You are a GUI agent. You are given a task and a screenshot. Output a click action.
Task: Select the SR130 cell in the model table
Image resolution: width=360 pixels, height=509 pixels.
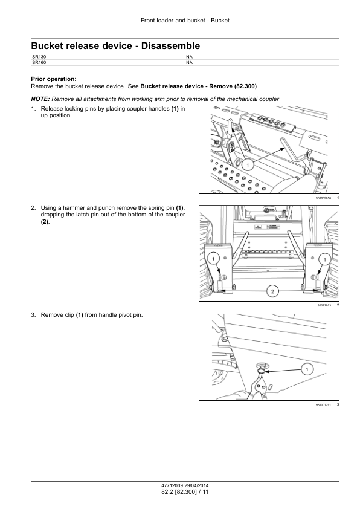point(108,57)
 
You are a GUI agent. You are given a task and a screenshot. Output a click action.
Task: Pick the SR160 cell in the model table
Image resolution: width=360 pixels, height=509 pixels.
point(108,63)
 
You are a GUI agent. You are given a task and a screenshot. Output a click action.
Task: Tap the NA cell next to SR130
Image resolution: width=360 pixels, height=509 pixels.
point(262,57)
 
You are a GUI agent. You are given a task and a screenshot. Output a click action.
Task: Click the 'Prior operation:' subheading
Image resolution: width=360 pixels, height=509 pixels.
point(54,79)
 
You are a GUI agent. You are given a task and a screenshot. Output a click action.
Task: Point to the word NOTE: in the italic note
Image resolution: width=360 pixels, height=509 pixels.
point(40,99)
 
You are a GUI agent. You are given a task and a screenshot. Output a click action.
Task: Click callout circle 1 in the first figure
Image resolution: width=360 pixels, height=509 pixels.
point(248,165)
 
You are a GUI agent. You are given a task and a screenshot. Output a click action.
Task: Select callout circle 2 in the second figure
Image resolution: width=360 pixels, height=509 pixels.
point(272,291)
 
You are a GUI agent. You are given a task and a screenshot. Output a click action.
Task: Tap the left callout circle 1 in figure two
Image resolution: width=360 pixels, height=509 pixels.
point(213,259)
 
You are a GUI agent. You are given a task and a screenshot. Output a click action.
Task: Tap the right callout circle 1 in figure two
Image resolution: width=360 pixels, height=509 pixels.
point(324,259)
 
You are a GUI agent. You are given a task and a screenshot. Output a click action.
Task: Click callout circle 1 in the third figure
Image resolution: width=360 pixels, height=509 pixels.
point(307,369)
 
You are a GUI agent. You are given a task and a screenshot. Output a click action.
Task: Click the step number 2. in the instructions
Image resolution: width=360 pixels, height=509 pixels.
point(33,208)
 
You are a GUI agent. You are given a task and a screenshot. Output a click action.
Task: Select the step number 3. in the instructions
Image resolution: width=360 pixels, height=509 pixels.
point(33,315)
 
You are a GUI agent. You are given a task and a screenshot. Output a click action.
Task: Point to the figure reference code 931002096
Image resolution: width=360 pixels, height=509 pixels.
point(323,198)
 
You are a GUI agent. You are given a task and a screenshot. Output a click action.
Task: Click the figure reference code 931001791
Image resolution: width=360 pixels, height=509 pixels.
point(323,405)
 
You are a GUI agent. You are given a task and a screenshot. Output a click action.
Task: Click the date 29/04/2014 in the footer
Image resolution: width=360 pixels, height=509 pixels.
point(196,486)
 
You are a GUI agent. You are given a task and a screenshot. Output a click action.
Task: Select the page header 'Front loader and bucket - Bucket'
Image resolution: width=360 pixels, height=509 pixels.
point(185,21)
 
